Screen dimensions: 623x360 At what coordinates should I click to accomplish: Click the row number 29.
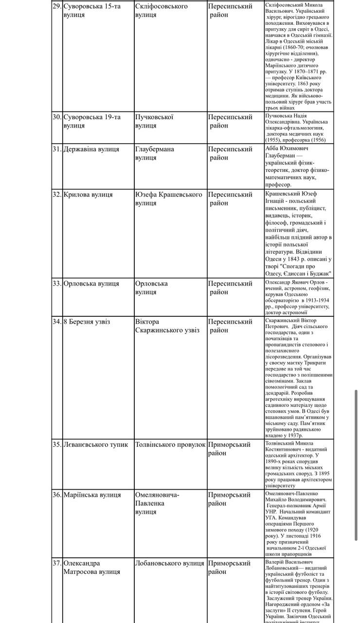click(57, 6)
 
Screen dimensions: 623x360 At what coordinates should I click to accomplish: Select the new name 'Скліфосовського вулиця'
click(161, 10)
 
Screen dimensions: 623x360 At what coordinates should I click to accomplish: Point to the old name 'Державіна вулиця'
click(91, 149)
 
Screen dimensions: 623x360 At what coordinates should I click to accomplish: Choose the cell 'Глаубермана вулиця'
click(155, 153)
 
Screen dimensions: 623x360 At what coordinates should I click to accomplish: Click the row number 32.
click(57, 194)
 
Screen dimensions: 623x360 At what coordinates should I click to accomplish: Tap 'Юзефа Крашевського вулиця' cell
click(168, 199)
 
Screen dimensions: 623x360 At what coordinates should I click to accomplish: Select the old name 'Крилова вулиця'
click(88, 194)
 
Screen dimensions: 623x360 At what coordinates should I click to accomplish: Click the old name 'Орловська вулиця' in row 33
click(91, 283)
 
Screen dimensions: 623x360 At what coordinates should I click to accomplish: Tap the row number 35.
click(57, 444)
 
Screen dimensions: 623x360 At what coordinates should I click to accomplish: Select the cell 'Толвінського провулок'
click(170, 444)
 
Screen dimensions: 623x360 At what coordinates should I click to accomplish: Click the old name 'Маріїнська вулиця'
click(92, 495)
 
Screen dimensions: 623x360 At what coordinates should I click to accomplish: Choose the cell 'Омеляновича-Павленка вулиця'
click(157, 503)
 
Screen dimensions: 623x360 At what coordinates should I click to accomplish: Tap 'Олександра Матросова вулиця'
click(92, 568)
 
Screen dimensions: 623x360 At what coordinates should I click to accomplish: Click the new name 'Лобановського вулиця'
click(169, 563)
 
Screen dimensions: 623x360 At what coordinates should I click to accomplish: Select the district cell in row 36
click(230, 499)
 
